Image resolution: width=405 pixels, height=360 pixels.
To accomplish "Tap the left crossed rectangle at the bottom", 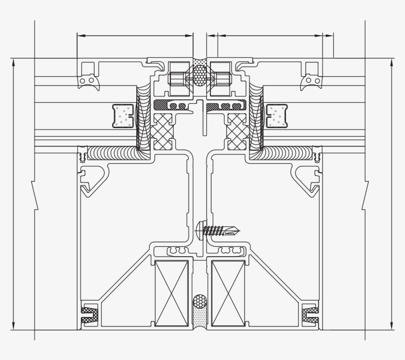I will [x=171, y=293].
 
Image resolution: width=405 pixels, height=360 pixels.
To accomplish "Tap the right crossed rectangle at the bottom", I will [x=228, y=293].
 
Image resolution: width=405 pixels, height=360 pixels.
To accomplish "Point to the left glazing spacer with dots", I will [x=123, y=116].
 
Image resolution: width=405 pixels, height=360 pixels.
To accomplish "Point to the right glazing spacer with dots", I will [x=277, y=116].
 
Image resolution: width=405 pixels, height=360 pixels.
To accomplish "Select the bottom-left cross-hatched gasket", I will [x=89, y=315].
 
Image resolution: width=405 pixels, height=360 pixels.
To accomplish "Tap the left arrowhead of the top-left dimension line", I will [x=81, y=36].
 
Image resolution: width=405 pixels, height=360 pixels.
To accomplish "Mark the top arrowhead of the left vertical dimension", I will [x=13, y=61].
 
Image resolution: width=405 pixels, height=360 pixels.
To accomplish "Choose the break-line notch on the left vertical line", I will [x=33, y=195].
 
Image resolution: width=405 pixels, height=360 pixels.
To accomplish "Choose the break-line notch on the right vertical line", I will [x=366, y=195].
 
